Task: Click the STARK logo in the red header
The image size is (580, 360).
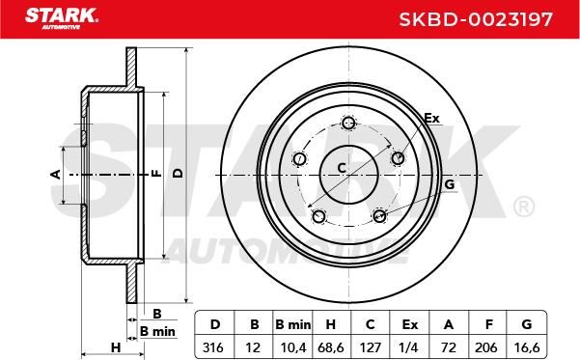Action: click(x=62, y=18)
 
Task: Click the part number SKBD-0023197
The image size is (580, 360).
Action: click(x=476, y=19)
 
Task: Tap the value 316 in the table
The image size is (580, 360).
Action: click(x=213, y=347)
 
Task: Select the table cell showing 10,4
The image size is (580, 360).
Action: click(x=293, y=347)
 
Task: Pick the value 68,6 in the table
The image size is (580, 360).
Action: click(x=331, y=347)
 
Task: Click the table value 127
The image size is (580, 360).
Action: click(x=371, y=347)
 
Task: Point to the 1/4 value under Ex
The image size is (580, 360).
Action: click(x=409, y=347)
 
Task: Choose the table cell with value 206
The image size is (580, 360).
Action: click(x=486, y=347)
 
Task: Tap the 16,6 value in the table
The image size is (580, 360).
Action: click(x=527, y=347)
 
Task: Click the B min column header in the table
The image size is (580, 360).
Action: click(x=293, y=324)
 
